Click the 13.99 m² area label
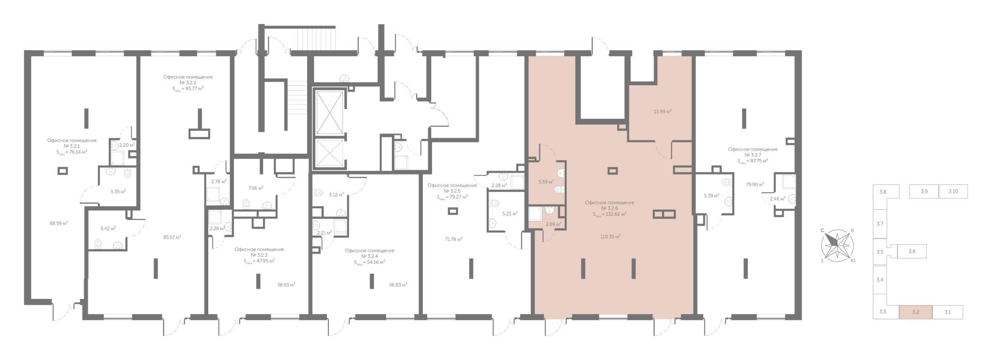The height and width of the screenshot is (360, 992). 663,111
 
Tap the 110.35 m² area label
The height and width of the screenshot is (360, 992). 610,236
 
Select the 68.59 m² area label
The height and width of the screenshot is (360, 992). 59,223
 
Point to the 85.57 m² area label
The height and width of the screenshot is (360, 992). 172,237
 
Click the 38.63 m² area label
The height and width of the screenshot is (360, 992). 286,285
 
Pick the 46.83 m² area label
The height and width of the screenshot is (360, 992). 398,285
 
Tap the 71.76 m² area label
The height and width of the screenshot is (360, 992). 453,239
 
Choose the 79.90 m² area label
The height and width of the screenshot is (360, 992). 755,184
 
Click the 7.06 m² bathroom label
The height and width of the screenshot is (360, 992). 256,188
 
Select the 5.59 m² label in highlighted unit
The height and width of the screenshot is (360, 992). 546,182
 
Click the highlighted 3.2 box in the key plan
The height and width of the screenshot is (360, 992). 915,312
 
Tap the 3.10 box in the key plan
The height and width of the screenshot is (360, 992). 953,191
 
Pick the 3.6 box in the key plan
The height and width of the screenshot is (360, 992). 912,251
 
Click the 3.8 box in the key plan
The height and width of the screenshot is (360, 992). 883,192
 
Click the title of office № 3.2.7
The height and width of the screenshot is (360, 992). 753,155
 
